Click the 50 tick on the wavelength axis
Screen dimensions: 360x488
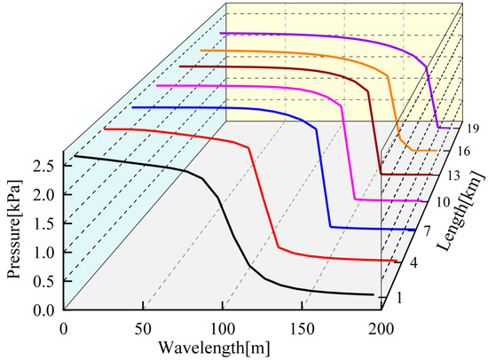[142, 327]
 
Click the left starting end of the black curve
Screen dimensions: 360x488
[75, 155]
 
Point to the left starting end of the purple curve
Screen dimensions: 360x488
[221, 33]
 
